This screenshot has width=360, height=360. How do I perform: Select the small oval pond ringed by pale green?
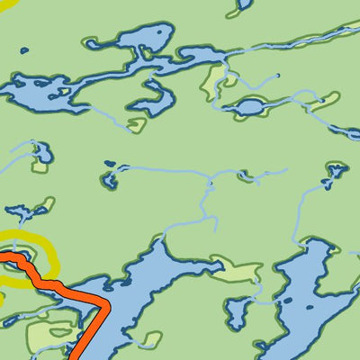(249, 107)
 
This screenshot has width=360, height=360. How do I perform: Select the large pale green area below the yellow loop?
(45, 336)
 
